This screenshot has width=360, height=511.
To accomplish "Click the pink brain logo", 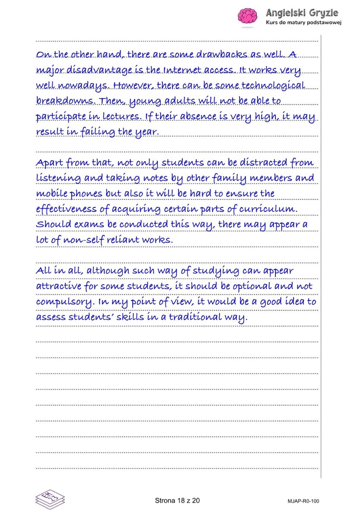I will tap(247, 17).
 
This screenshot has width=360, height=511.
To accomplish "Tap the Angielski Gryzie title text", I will tap(302, 13).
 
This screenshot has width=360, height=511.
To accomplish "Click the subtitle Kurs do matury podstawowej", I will tap(303, 22).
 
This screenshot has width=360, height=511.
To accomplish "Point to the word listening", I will tap(58, 178).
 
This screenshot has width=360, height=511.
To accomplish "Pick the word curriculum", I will tap(268, 209).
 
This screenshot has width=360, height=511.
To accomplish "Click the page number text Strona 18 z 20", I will tap(177, 501).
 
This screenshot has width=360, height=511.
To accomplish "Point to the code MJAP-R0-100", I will tap(303, 501).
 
